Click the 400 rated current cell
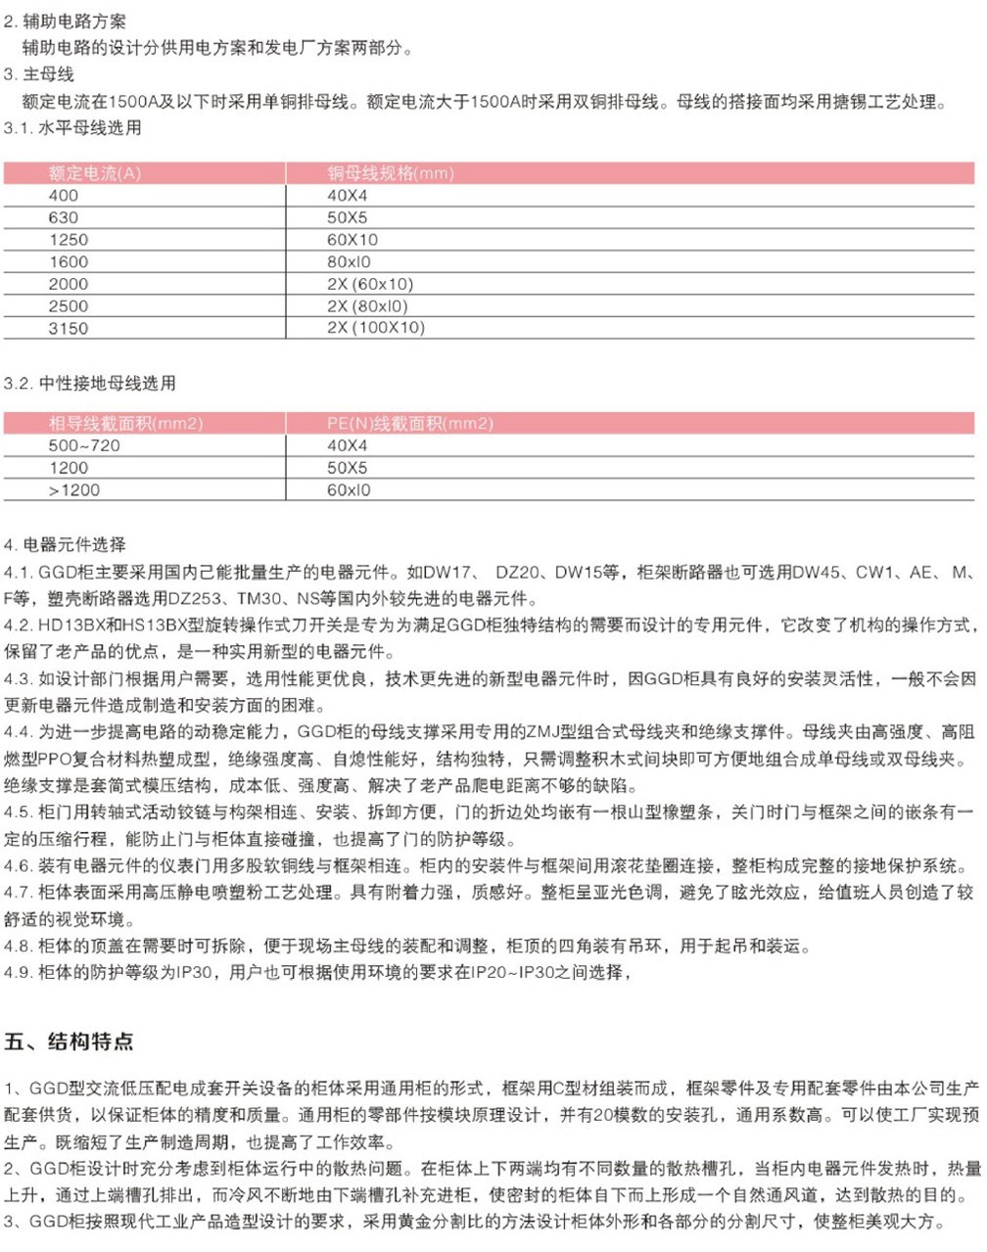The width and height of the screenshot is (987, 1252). click(x=64, y=196)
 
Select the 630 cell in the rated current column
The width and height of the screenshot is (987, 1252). click(x=64, y=217)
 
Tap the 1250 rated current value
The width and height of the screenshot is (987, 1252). click(x=69, y=240)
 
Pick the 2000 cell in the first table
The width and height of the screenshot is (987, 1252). click(x=69, y=284)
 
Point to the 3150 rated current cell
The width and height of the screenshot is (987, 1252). click(x=69, y=328)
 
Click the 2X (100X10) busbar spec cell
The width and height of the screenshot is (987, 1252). click(x=376, y=328)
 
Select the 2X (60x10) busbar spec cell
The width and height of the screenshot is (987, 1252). click(x=370, y=284)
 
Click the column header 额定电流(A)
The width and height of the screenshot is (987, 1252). click(x=95, y=173)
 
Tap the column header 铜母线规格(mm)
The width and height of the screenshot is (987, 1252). click(x=391, y=173)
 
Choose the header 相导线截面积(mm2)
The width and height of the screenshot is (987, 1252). click(x=125, y=424)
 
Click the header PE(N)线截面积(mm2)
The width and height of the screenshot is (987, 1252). click(x=410, y=424)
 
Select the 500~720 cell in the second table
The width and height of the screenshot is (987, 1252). click(x=84, y=445)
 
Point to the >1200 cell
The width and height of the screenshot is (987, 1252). click(x=74, y=489)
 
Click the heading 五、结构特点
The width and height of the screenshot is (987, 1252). click(x=69, y=1041)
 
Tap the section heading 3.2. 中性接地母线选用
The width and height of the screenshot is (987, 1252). click(x=90, y=383)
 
